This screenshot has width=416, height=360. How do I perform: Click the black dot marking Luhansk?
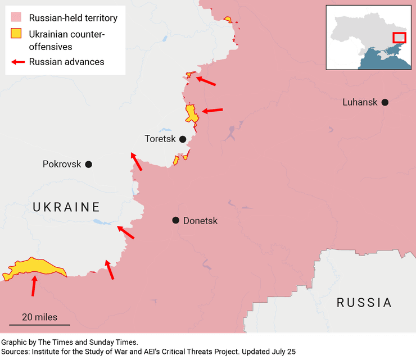tap(385, 102)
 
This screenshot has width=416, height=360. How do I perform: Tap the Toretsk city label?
tap(160, 139)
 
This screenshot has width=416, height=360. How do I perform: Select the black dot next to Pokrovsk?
tap(88, 164)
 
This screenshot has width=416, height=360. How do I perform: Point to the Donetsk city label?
tap(200, 221)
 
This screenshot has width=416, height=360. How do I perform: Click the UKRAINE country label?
tap(66, 207)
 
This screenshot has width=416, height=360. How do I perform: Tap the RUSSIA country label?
tap(364, 303)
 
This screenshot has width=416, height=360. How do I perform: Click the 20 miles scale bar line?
tap(39, 325)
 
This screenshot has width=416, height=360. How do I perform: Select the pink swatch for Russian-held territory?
tap(17, 18)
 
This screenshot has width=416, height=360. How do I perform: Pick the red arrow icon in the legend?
tap(17, 62)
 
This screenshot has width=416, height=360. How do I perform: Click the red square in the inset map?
tap(399, 38)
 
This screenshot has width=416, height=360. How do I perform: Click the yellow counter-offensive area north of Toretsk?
tap(191, 113)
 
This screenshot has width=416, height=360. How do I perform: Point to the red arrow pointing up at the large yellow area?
tap(34, 285)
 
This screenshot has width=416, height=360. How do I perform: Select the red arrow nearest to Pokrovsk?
tap(136, 162)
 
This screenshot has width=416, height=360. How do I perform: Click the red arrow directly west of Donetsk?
tap(126, 233)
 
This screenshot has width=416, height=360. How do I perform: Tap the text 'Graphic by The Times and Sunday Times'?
tap(69, 342)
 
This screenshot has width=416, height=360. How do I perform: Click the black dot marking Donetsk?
tap(176, 220)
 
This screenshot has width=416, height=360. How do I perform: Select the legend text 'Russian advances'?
tap(66, 62)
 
